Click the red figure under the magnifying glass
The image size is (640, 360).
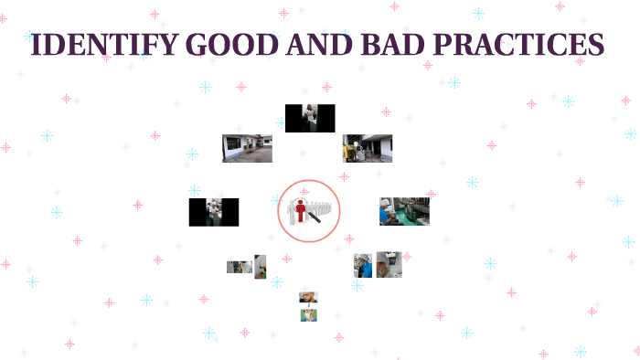[x=301, y=209]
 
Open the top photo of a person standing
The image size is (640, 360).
[x=310, y=118]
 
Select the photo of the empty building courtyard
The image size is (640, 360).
[x=247, y=148]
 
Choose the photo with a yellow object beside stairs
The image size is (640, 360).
[x=368, y=148]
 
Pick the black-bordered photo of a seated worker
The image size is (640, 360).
[x=214, y=212]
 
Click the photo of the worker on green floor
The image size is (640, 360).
[x=404, y=212]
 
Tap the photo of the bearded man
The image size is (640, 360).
[x=308, y=298]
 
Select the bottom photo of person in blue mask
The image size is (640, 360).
[x=308, y=314]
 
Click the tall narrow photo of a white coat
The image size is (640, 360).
[x=261, y=266]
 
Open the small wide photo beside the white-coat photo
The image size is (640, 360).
[x=240, y=267]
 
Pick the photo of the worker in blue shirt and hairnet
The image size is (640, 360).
[x=363, y=265]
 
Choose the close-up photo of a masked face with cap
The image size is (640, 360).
[x=389, y=264]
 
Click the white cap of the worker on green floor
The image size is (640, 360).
[x=387, y=203]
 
